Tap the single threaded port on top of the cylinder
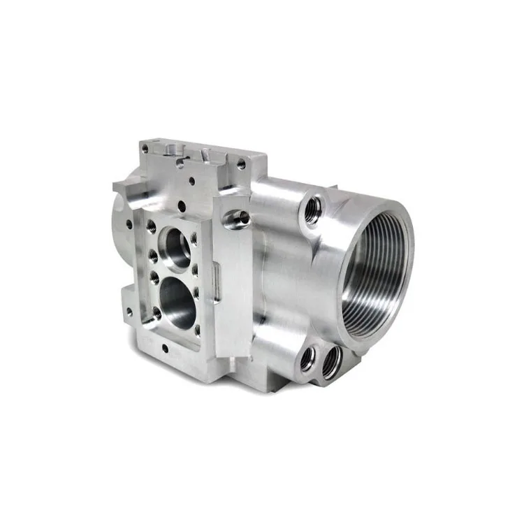[312, 208]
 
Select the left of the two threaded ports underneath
[307, 358]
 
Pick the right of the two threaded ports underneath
[331, 362]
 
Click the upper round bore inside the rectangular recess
[175, 247]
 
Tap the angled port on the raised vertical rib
[238, 219]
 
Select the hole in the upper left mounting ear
[129, 224]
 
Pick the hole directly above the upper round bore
[181, 207]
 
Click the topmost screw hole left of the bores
[151, 225]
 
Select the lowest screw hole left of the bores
[157, 312]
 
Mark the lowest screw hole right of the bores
[198, 330]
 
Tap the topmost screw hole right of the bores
[194, 239]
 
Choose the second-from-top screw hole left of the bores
[152, 256]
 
